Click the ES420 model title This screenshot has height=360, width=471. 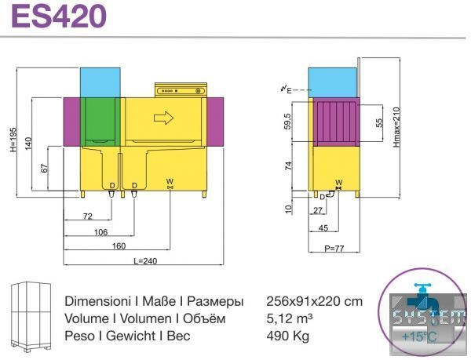(x=59, y=16)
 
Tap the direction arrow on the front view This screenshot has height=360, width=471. (x=164, y=118)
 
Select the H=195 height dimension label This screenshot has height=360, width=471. (x=13, y=140)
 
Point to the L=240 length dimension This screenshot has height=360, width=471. (x=145, y=260)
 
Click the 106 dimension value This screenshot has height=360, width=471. (x=101, y=232)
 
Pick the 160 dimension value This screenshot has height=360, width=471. (x=119, y=246)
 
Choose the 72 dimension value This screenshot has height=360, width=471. (x=87, y=216)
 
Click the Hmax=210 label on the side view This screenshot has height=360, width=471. (x=396, y=127)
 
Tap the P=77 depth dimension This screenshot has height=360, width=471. (x=334, y=248)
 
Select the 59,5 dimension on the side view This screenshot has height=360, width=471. (x=287, y=122)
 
